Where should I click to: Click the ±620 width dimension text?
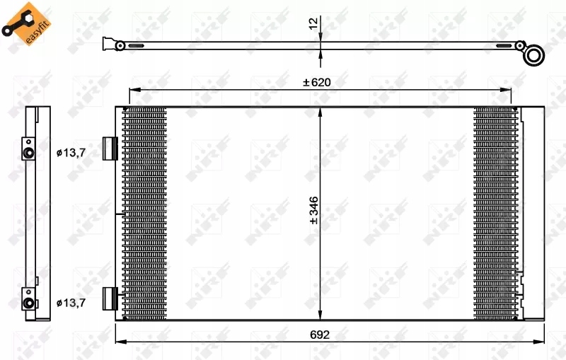[x=317, y=82]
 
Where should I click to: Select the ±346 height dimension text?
[x=313, y=211]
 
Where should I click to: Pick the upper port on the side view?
[x=29, y=152]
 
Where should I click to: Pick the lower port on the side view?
[x=29, y=303]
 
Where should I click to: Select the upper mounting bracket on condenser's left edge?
[x=109, y=149]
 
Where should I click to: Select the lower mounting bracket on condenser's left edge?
[x=109, y=298]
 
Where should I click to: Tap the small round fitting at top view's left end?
[x=120, y=46]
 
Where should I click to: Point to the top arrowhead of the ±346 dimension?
[x=320, y=111]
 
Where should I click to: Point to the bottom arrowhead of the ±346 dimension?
[x=320, y=315]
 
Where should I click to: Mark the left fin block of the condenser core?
[x=144, y=212]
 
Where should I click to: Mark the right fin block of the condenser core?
[x=495, y=212]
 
